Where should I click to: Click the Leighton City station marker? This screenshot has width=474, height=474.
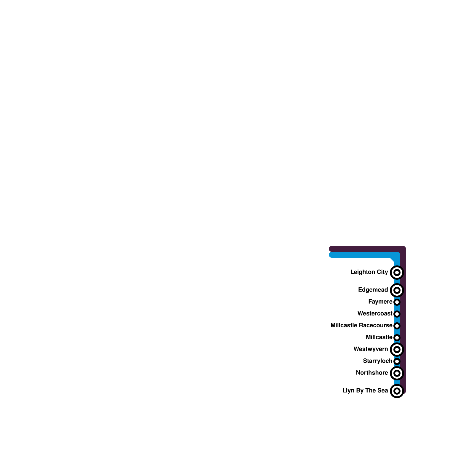(x=397, y=272)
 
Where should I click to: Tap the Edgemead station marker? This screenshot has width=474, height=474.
(x=397, y=290)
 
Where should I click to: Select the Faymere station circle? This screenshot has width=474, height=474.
(x=397, y=302)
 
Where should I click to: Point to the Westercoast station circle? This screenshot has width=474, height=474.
(x=397, y=314)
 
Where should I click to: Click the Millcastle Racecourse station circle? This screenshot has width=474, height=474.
(x=397, y=326)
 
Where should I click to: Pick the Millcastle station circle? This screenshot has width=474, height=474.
(x=397, y=337)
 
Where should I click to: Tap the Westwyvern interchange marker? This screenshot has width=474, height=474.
(x=397, y=349)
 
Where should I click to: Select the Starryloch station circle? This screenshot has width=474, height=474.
(x=397, y=361)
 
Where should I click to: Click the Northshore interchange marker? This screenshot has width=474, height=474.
(x=397, y=373)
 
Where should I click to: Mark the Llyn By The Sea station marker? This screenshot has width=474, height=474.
(x=397, y=391)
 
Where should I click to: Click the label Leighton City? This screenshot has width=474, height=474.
(x=369, y=272)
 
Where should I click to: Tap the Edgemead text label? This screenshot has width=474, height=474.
(x=373, y=290)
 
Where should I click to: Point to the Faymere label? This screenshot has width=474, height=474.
(x=380, y=302)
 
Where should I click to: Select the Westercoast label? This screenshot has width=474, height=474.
(x=375, y=313)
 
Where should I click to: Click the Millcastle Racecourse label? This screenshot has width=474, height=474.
(x=361, y=325)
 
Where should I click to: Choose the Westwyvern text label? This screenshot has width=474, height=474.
(x=371, y=349)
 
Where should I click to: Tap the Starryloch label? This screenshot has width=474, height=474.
(x=377, y=361)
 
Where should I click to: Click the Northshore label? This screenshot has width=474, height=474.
(x=372, y=373)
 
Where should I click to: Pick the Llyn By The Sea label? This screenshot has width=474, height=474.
(x=365, y=390)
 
